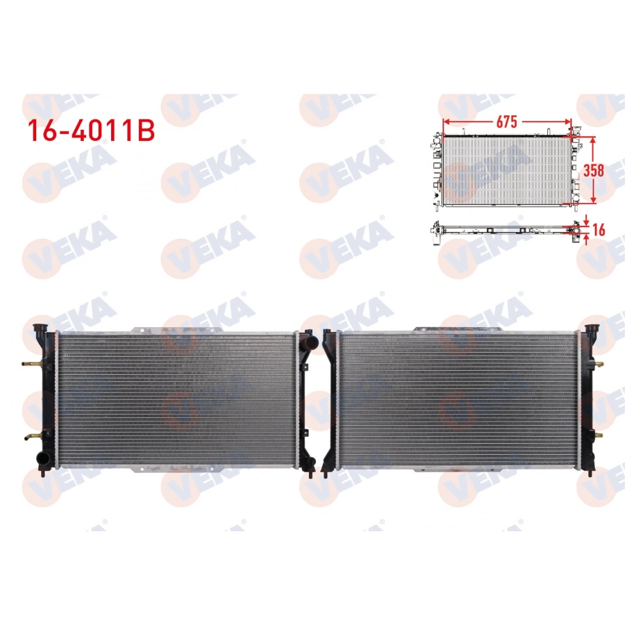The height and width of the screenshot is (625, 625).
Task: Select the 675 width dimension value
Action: (x=506, y=122)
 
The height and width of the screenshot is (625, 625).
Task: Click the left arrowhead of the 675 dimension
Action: (x=447, y=123)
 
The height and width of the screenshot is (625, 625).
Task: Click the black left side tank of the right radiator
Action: (x=331, y=399)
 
